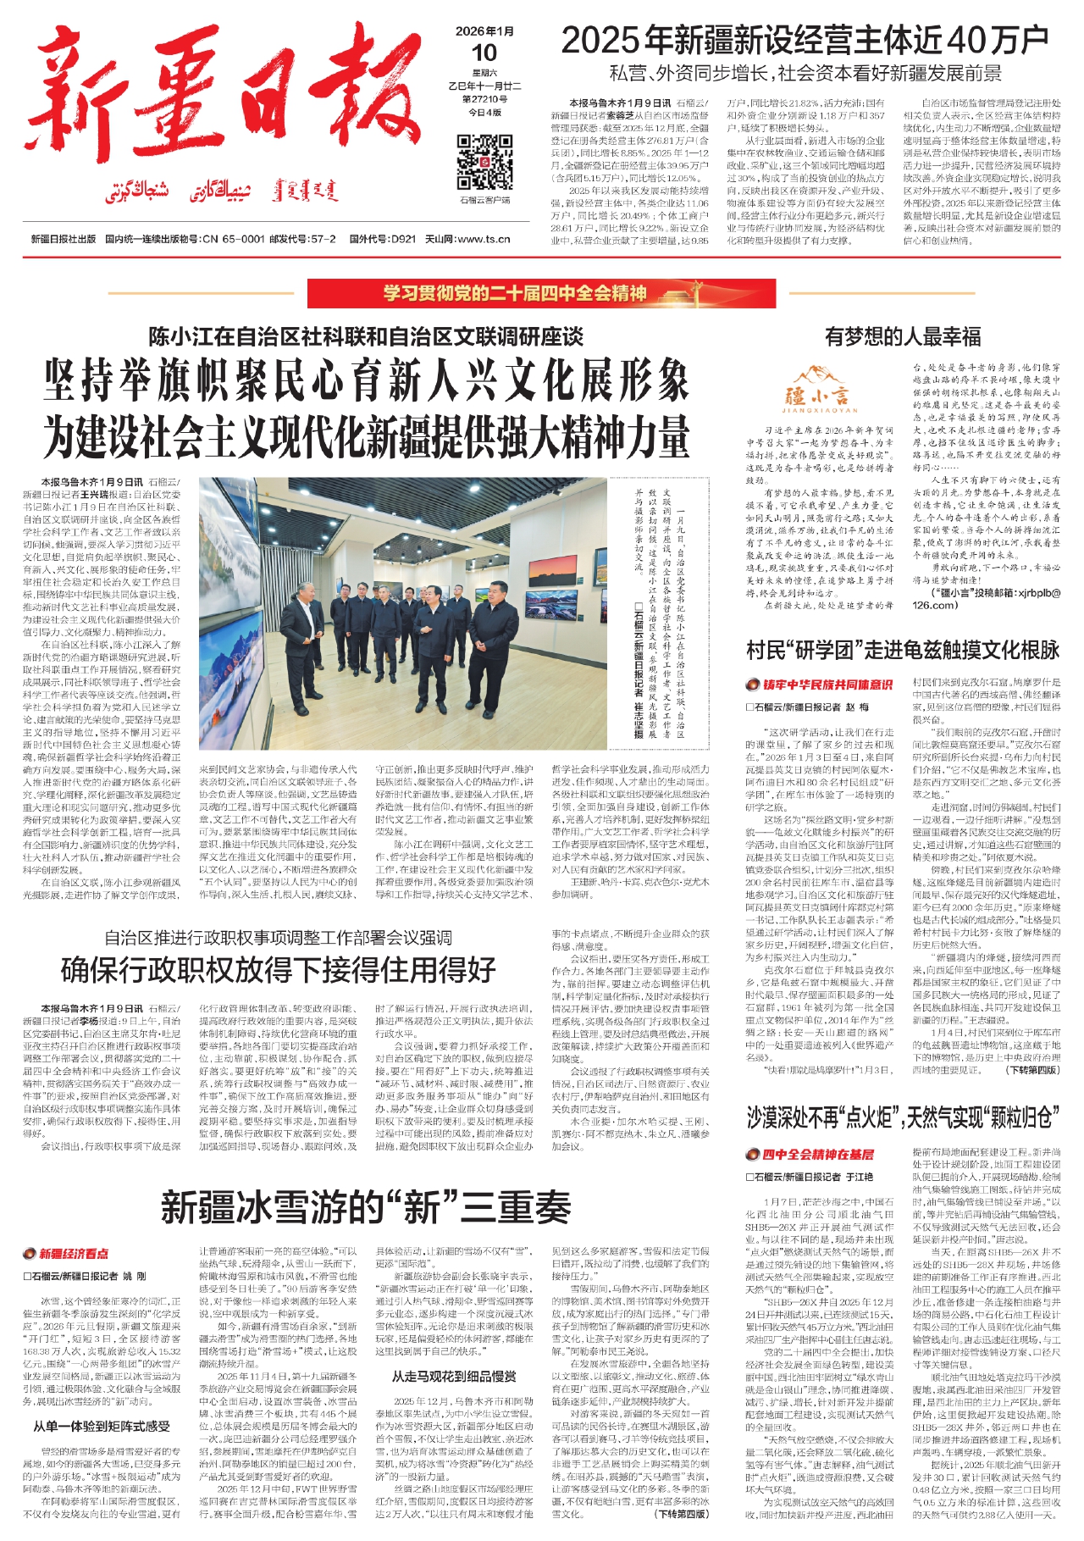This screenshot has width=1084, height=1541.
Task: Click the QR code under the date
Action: tap(484, 161)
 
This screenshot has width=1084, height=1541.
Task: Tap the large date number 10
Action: tap(484, 53)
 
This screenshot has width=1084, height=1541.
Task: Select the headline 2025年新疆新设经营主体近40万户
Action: tap(805, 40)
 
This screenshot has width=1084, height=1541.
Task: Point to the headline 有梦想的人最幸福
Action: tap(902, 337)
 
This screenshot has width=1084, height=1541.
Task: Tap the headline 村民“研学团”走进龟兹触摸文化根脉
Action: tap(902, 651)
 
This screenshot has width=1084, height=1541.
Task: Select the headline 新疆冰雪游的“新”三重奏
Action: tap(366, 1207)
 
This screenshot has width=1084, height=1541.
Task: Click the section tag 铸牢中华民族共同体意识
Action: tap(819, 685)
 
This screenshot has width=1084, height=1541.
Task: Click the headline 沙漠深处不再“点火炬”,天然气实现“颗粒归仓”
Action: tap(902, 1117)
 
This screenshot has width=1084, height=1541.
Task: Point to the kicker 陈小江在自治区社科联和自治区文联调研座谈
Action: tap(366, 337)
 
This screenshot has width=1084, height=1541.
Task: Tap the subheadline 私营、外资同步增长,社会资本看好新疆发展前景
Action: tap(805, 74)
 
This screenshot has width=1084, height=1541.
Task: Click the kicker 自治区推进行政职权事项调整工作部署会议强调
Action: tap(278, 938)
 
